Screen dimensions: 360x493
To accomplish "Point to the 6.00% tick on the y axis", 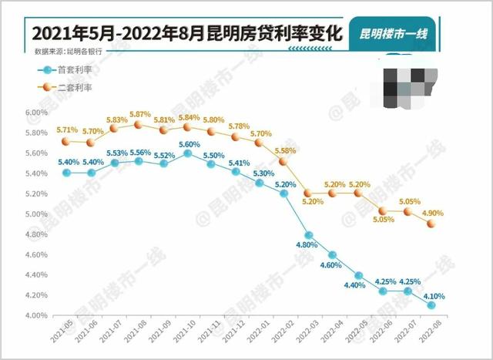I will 36,113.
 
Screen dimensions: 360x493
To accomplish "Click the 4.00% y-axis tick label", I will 36,315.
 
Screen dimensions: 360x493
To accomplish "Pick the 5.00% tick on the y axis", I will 36,214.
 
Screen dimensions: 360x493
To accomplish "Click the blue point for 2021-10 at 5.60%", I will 187,153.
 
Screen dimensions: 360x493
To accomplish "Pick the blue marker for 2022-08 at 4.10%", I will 432,305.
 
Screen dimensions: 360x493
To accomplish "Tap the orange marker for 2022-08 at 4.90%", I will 432,224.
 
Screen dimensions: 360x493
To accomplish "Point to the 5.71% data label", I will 68,130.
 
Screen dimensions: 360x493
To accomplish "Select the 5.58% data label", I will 285,150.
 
